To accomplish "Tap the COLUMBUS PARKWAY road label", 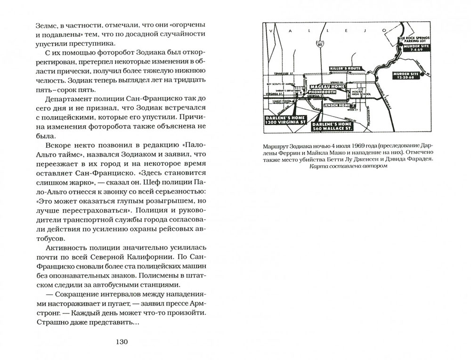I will click(387, 95).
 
